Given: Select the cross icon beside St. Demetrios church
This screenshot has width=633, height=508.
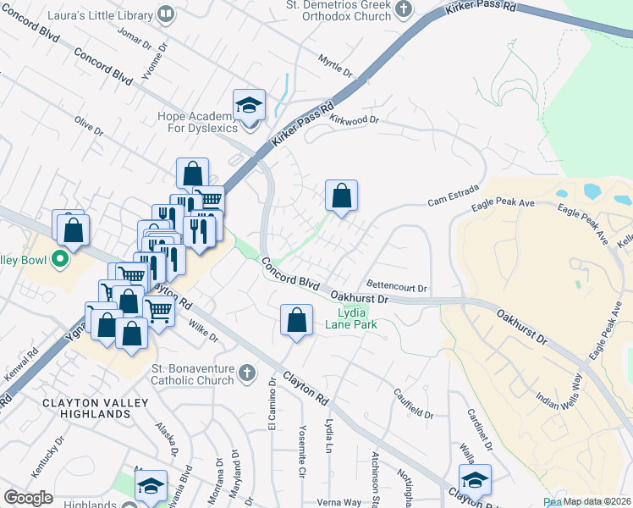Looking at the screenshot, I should pos(404,9).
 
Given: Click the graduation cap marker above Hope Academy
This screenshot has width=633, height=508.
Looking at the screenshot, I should pos(249,105).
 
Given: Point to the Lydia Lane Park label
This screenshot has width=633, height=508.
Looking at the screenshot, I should pos(351,317).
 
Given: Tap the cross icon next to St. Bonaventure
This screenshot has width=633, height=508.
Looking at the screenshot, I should pos(246,373).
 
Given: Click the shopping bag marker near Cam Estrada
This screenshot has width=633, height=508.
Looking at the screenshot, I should pos(342,196).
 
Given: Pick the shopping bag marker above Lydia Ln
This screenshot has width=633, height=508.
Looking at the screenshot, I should pos(296,321).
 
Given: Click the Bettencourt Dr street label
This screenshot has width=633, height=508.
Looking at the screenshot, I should pos(398,287).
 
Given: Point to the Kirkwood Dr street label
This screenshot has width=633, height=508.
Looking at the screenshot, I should pos(354,120).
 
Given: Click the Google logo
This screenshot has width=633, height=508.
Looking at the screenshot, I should pos(28,498).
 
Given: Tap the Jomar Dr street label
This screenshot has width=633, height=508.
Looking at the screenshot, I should pos(135,39).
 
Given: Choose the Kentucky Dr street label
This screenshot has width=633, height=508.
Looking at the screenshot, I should pos(47,459).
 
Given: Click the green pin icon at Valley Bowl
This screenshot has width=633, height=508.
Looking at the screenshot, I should pos(59,258).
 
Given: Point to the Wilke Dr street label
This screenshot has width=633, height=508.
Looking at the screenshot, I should pos(203,331).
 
